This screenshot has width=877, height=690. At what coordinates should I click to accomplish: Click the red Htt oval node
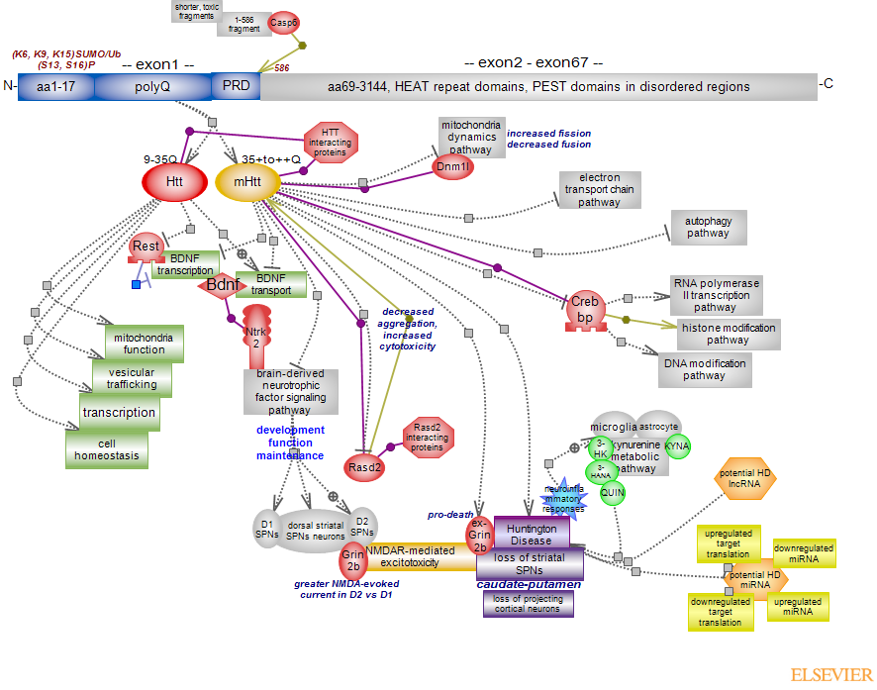click(174, 182)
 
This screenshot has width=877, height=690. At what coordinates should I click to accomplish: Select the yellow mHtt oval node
click(246, 182)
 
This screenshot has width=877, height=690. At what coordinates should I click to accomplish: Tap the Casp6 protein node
click(285, 23)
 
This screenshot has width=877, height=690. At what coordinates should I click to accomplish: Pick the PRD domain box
click(236, 86)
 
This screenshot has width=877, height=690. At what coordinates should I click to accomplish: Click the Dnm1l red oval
click(454, 167)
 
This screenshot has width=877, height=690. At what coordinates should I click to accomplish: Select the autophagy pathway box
click(708, 228)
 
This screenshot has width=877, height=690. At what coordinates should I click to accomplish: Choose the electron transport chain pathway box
click(600, 190)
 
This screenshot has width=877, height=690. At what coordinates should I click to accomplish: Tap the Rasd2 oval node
click(364, 465)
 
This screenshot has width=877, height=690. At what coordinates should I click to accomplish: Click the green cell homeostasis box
click(107, 449)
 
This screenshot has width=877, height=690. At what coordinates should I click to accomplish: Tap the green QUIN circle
click(614, 492)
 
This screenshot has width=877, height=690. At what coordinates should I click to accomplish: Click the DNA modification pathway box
click(704, 369)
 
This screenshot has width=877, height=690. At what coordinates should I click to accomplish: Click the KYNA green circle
click(677, 446)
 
